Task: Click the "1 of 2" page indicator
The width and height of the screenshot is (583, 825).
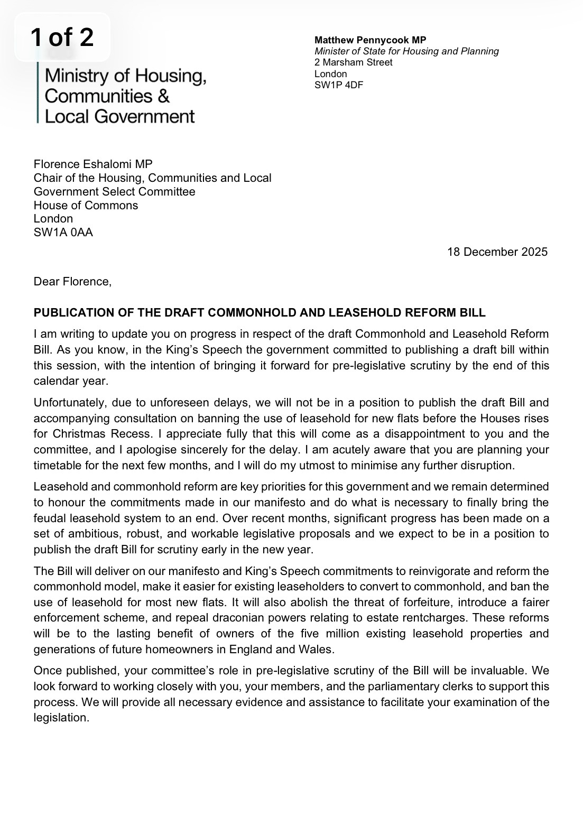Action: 62,38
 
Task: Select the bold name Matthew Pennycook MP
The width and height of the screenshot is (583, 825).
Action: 370,40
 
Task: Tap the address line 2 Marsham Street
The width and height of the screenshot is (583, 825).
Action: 353,62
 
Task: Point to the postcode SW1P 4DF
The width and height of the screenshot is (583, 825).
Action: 339,85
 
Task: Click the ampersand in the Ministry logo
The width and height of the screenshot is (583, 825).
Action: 163,96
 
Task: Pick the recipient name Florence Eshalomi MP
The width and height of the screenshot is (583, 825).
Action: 93,164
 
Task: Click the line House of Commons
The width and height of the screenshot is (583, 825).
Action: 86,205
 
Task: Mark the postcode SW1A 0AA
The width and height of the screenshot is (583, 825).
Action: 63,232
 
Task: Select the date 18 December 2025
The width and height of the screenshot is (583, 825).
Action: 497,252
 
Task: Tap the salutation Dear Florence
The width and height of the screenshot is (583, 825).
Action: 72,282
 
